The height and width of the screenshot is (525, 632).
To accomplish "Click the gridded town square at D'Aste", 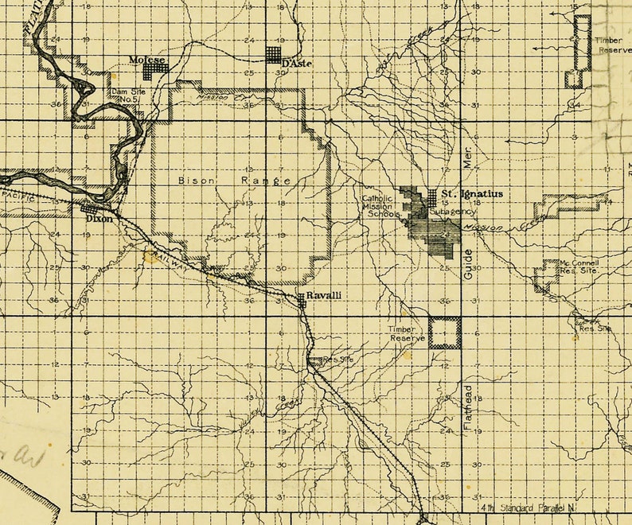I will point(274,55).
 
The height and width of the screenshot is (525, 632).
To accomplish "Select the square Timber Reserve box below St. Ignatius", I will point(445,332).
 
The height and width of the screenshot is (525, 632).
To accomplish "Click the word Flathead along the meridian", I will point(469,408).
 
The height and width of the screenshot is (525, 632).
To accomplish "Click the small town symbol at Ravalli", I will point(302,298).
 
